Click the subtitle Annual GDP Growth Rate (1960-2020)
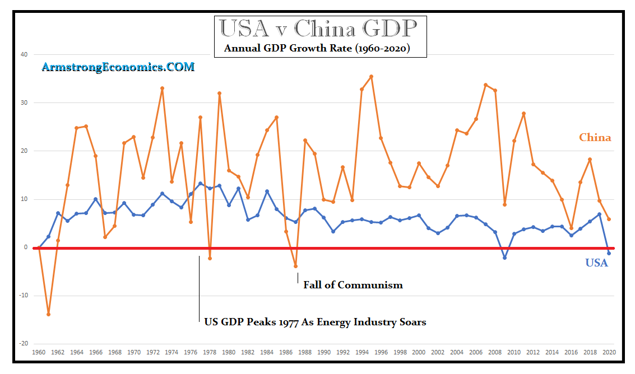[317, 48]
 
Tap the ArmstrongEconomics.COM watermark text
[118, 67]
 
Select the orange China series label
[595, 138]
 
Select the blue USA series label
[596, 263]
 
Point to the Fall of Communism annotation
[353, 285]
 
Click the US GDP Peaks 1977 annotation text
[315, 322]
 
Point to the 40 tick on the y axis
[24, 55]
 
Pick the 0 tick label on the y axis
[25, 247]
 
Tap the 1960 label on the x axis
[39, 353]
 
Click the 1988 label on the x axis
[305, 353]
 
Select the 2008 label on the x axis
[495, 353]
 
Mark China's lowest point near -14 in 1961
[49, 314]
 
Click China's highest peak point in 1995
[371, 77]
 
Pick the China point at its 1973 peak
[163, 88]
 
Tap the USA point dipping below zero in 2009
[504, 258]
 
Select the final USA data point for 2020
[609, 253]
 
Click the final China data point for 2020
[609, 219]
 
